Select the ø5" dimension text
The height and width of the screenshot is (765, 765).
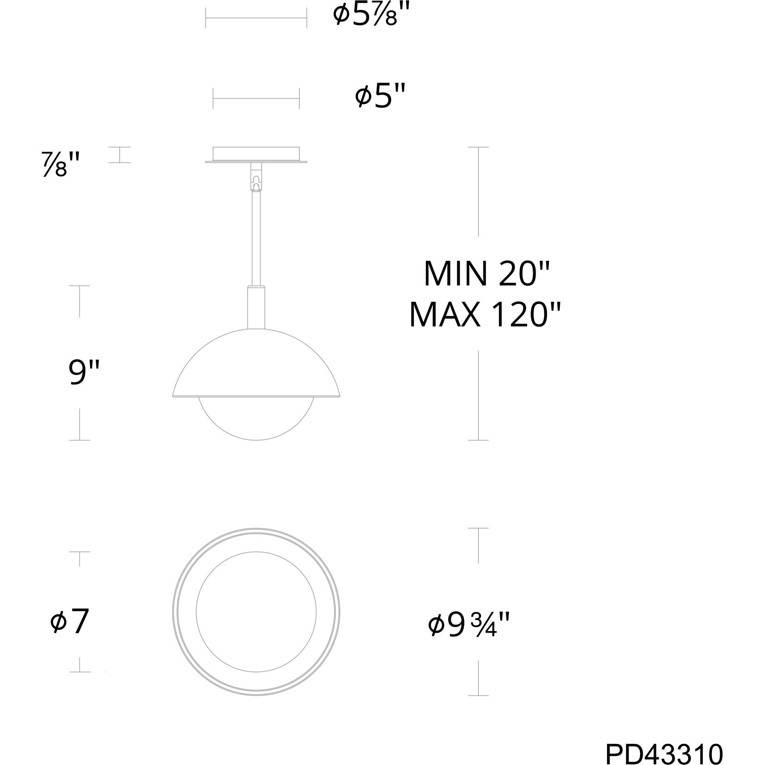379,97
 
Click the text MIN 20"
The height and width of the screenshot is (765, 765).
486,274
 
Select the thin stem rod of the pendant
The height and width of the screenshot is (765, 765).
256,239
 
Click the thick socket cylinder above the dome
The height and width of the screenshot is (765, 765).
256,307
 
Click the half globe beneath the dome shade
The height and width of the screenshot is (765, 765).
256,421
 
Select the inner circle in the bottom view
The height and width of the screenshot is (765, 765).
256,612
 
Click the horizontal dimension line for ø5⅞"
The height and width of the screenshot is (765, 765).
256,18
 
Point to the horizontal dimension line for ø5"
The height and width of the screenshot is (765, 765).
256,99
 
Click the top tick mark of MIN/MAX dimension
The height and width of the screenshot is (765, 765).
478,147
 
